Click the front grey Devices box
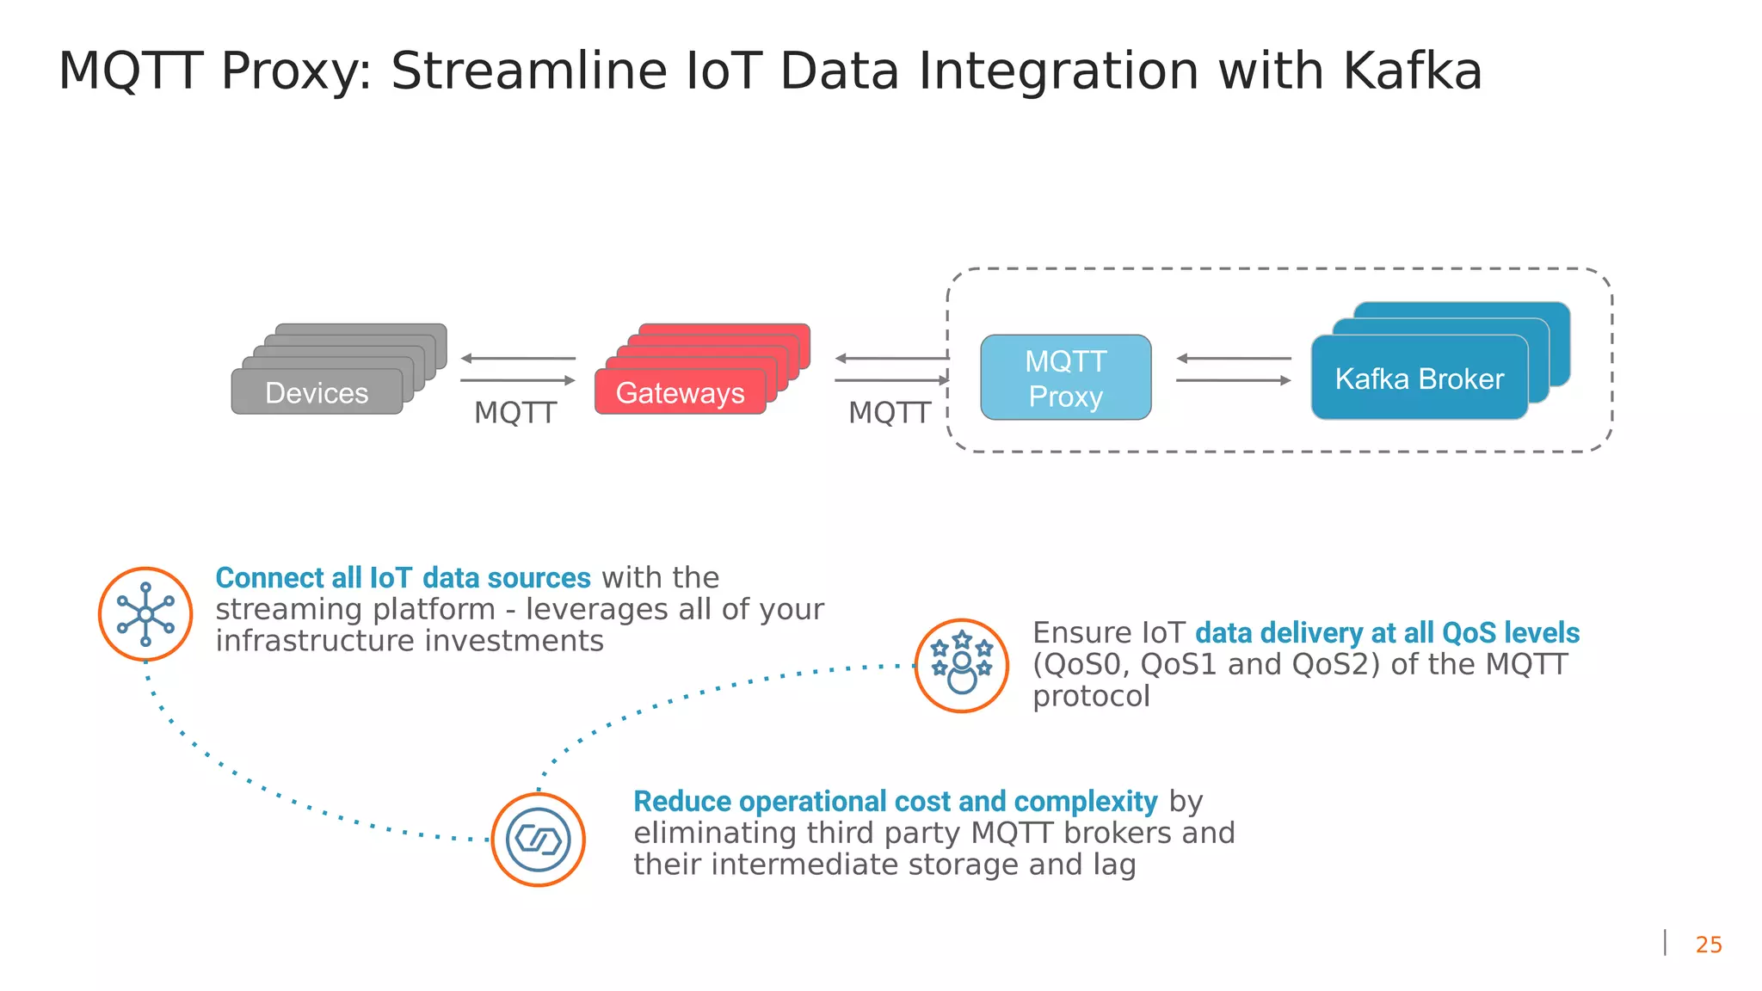tap(317, 392)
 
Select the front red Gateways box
tap(680, 392)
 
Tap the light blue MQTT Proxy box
tap(1065, 378)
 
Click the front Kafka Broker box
tap(1419, 379)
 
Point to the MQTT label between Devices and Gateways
tap(515, 413)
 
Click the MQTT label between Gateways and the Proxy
tap(890, 413)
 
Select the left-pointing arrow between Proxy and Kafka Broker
tap(1233, 358)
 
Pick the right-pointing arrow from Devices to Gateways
tap(518, 380)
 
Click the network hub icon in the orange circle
tap(145, 614)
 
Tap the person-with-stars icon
tap(961, 666)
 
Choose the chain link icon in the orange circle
tap(538, 840)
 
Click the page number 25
tap(1709, 945)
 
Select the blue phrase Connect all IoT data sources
tap(403, 578)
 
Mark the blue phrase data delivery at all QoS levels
tap(1387, 633)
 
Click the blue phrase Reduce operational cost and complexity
tap(895, 802)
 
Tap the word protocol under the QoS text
tap(1091, 696)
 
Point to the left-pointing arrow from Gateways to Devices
tap(518, 358)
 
